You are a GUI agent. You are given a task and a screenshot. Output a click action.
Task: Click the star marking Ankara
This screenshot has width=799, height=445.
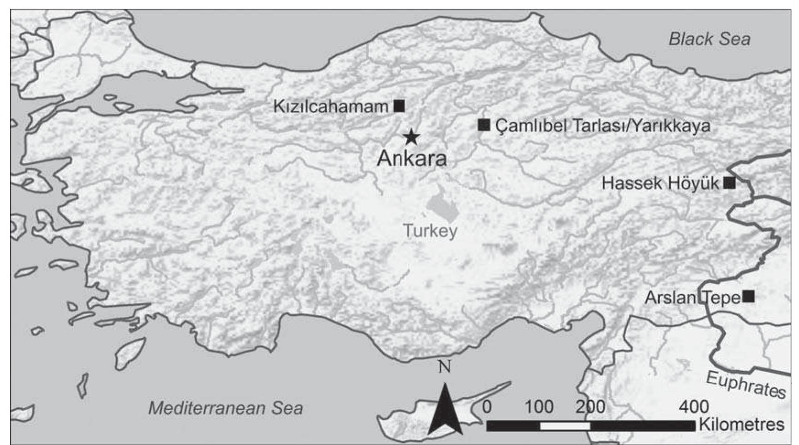click(411, 137)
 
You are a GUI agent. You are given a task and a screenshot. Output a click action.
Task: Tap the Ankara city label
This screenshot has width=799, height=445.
click(411, 159)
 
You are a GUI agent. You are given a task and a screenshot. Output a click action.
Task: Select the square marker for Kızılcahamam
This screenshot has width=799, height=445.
click(399, 106)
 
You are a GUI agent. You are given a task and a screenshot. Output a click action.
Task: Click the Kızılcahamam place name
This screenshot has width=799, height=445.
click(331, 107)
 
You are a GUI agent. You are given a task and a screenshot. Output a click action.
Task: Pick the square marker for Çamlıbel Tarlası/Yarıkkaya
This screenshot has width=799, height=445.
click(484, 125)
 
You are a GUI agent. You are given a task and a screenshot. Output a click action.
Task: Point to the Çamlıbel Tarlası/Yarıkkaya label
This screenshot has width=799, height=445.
click(602, 126)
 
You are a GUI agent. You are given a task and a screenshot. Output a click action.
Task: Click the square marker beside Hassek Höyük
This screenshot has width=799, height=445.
click(729, 183)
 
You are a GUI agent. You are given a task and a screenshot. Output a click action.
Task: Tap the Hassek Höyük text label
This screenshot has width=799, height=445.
click(660, 183)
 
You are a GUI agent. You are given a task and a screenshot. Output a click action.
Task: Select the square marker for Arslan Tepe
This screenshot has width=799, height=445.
click(748, 296)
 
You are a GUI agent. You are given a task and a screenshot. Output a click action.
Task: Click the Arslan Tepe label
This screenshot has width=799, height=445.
click(692, 298)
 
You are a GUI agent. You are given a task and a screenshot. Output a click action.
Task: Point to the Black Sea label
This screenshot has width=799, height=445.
click(709, 39)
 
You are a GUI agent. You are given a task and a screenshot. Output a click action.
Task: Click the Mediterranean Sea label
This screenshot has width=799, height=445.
click(225, 408)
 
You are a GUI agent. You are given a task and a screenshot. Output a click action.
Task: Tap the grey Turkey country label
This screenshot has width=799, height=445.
click(430, 231)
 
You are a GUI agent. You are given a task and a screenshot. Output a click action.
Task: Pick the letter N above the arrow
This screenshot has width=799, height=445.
click(444, 367)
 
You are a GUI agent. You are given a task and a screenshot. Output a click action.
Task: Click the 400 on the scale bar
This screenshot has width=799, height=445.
click(694, 407)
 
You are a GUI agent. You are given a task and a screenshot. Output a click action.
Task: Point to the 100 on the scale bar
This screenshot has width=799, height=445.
click(539, 407)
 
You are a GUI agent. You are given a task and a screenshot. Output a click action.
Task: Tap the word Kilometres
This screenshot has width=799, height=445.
click(741, 424)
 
